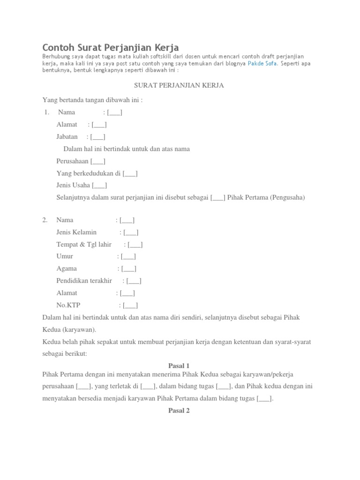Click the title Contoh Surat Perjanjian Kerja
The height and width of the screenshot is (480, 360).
point(111,47)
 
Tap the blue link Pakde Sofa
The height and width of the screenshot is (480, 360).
point(263,63)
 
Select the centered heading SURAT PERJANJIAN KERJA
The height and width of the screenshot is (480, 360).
point(179,85)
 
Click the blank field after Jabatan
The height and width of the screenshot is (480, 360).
point(97,137)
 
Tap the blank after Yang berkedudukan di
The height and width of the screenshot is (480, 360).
point(130,173)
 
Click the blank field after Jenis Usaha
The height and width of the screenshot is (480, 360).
point(99,185)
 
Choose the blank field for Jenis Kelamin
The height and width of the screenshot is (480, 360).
point(131,232)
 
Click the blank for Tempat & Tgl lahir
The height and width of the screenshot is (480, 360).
point(135,244)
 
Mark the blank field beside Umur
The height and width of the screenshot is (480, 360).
point(128,256)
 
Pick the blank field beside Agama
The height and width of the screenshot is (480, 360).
point(129,269)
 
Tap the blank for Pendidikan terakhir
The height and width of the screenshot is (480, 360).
point(134,281)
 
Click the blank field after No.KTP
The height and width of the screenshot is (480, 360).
point(130,305)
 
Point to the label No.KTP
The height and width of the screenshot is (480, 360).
point(68,305)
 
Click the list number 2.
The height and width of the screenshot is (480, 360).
point(45,220)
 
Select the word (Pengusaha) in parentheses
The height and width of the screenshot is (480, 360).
point(287,197)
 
